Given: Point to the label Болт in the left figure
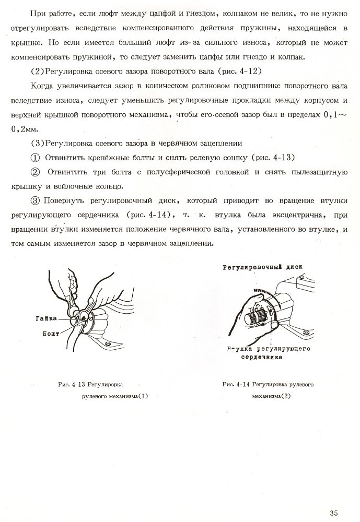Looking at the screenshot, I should point(49,333).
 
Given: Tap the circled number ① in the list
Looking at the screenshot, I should point(36,157).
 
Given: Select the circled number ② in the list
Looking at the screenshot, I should point(36,171).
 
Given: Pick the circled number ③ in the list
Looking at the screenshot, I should point(36,200).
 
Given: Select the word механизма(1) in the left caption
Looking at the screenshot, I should point(126,396).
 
